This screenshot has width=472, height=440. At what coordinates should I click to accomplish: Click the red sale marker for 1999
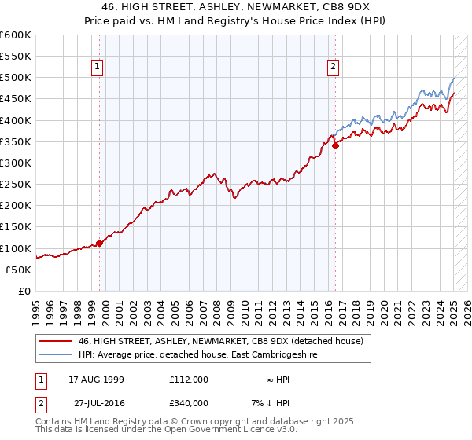click(x=100, y=243)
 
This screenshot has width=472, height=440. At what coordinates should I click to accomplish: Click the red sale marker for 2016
click(x=335, y=145)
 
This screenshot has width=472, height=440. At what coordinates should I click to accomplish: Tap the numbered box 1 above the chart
click(x=97, y=68)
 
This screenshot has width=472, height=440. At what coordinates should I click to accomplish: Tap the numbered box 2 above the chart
click(x=334, y=68)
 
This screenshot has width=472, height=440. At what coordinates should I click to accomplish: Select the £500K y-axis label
click(x=16, y=78)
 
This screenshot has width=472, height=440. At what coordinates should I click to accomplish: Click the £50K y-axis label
click(x=18, y=269)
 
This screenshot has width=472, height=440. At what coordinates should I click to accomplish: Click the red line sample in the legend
click(x=54, y=342)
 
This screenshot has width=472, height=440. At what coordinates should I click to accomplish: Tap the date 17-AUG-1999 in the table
click(x=97, y=379)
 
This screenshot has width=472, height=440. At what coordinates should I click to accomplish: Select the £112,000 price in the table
click(x=188, y=379)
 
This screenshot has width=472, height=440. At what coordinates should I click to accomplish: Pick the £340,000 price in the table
click(x=188, y=402)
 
